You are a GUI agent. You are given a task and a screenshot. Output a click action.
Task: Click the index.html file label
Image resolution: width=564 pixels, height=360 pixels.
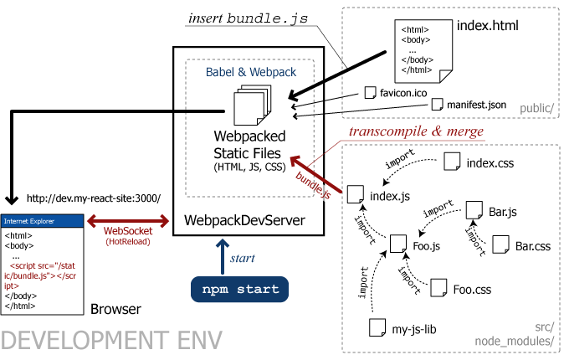coord(488,25)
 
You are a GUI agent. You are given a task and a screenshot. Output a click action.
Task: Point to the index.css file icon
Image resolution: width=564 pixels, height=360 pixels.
coord(452,162)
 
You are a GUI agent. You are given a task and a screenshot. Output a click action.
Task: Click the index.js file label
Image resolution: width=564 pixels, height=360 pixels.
coord(389,198)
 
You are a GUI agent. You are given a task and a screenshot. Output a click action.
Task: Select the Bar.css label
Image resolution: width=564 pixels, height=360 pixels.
coord(533,246)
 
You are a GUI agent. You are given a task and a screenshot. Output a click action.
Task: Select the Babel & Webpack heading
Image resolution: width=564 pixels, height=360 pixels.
coord(251,72)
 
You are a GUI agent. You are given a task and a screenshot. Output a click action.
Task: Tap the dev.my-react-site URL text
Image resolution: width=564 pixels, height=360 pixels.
coord(93,198)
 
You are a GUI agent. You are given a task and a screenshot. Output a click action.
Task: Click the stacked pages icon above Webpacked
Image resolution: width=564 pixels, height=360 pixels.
coord(250,107)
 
